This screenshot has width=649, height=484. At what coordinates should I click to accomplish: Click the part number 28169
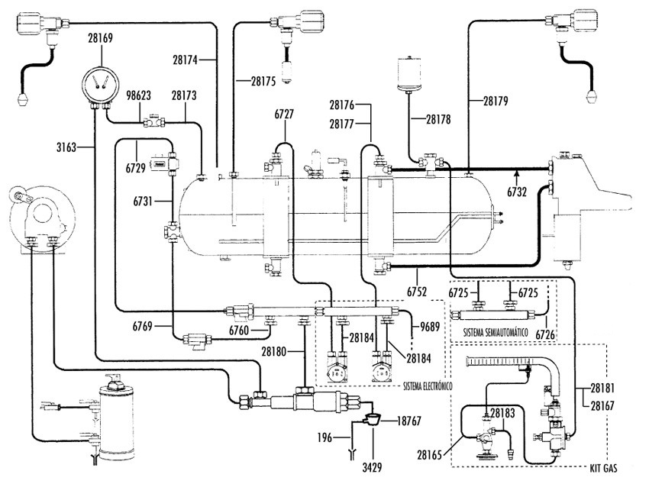pyautogui.click(x=100, y=38)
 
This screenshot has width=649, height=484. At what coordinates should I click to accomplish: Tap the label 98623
pyautogui.click(x=138, y=95)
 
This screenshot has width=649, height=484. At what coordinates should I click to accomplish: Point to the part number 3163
pyautogui.click(x=66, y=147)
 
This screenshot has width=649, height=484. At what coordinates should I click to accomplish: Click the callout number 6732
pyautogui.click(x=517, y=192)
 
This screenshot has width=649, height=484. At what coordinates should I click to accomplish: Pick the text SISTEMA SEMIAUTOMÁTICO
pyautogui.click(x=496, y=332)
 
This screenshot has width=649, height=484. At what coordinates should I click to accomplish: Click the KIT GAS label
pyautogui.click(x=603, y=468)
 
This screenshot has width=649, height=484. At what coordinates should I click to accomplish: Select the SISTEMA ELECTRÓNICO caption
pyautogui.click(x=428, y=386)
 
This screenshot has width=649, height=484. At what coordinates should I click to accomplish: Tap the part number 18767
pyautogui.click(x=409, y=421)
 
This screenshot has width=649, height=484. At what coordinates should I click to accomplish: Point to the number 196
pyautogui.click(x=324, y=437)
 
